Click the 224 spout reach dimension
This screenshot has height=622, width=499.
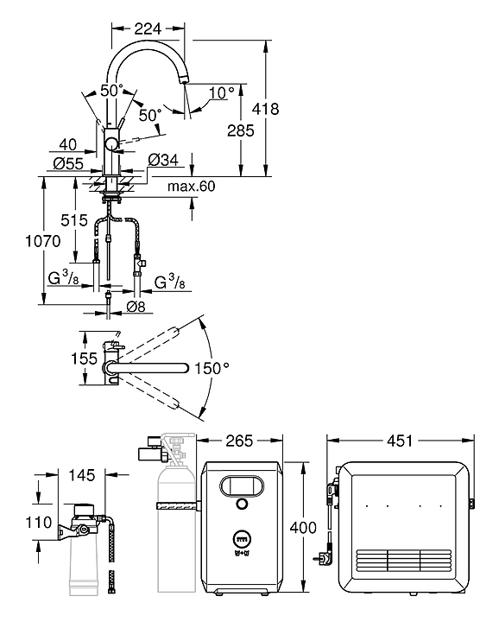click(148, 29)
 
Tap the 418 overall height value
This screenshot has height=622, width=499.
click(266, 109)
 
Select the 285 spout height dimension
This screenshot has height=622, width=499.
click(241, 130)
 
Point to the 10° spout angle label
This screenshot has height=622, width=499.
click(222, 92)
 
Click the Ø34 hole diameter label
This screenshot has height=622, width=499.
click(163, 161)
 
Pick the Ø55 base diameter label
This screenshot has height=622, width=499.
click(68, 163)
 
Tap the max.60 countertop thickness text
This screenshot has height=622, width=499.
click(192, 186)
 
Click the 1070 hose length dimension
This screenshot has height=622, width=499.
click(43, 241)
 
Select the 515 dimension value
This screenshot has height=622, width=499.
click(74, 220)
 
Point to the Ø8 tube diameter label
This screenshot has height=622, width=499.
click(136, 306)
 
